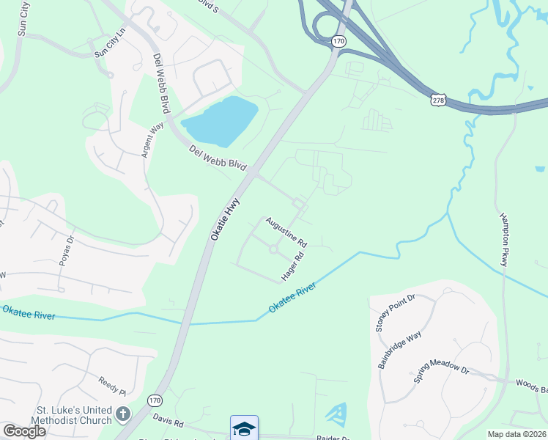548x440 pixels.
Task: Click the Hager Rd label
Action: pyautogui.click(x=292, y=268)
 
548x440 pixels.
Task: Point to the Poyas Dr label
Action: pyautogui.click(x=67, y=249)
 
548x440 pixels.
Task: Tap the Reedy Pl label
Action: pyautogui.click(x=113, y=381)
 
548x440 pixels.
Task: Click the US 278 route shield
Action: pyautogui.click(x=438, y=99)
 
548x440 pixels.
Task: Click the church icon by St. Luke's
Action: pyautogui.click(x=122, y=414)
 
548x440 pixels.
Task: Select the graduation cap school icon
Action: pyautogui.click(x=244, y=428)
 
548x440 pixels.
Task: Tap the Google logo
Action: pyautogui.click(x=24, y=431)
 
